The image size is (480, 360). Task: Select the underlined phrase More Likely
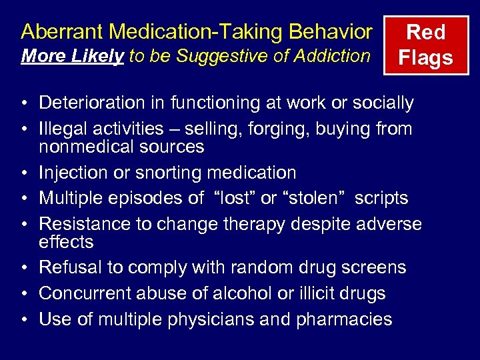point(72,56)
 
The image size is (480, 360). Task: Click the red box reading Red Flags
point(425,45)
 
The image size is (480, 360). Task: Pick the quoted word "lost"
point(233,198)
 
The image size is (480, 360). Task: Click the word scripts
point(381,198)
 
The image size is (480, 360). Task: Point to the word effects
point(66,241)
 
